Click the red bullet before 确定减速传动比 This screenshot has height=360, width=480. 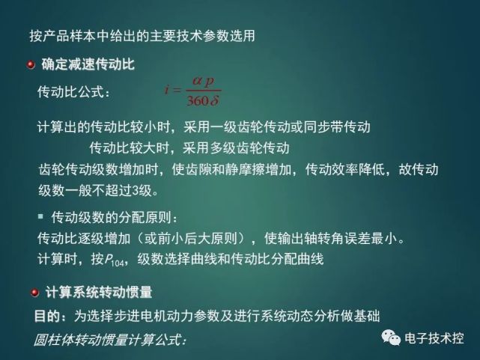coord(31,64)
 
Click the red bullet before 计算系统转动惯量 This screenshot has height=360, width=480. coord(34,293)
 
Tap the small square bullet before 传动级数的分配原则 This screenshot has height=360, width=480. coord(40,216)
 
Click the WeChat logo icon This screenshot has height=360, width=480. coord(391,338)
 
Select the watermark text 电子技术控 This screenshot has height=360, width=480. coord(434,338)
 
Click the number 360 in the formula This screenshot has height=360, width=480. coord(198,100)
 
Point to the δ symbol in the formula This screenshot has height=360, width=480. coord(214,100)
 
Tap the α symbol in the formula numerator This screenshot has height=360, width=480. coord(197,81)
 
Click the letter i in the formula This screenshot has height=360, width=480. coord(166,89)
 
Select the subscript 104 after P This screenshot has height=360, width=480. coord(118,263)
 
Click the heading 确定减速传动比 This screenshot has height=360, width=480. coord(88,64)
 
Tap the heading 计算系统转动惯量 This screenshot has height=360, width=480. coord(99,292)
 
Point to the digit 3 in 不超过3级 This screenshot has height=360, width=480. coord(136,191)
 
